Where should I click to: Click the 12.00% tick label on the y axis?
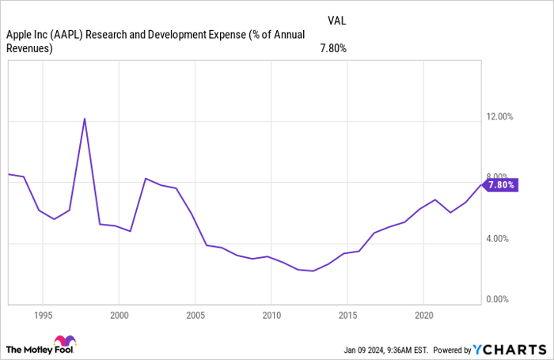(501, 117)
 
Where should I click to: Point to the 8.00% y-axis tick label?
(501, 177)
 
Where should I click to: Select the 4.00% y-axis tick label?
(501, 239)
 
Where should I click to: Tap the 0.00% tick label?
(501, 299)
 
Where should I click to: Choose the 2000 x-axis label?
(119, 314)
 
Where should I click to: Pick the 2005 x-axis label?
(195, 314)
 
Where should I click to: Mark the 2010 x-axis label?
(271, 314)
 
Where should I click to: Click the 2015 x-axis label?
(347, 314)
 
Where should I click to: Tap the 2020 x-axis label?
(423, 314)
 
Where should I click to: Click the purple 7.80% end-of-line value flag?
(501, 185)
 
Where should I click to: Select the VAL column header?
(336, 21)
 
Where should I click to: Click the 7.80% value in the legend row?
(332, 48)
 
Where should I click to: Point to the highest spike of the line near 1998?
(85, 119)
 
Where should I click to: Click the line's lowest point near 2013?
(313, 271)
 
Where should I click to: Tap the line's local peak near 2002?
(146, 179)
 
